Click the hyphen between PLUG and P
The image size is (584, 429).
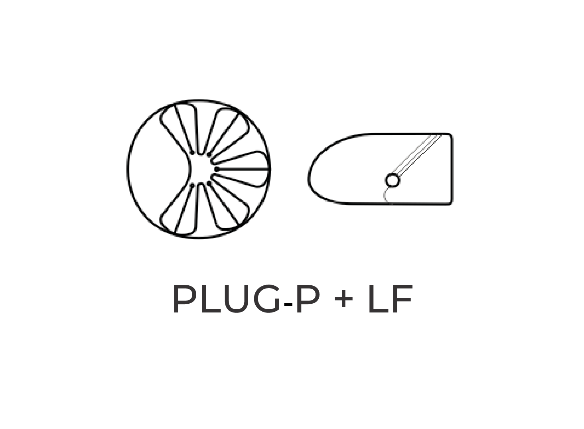click(288, 305)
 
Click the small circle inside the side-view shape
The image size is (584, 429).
click(393, 180)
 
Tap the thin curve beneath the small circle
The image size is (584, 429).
click(385, 196)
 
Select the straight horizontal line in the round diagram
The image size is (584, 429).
click(243, 169)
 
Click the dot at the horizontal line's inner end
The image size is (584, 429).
click(217, 169)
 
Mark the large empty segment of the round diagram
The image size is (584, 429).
click(158, 169)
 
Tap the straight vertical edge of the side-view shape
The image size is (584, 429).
click(452, 169)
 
